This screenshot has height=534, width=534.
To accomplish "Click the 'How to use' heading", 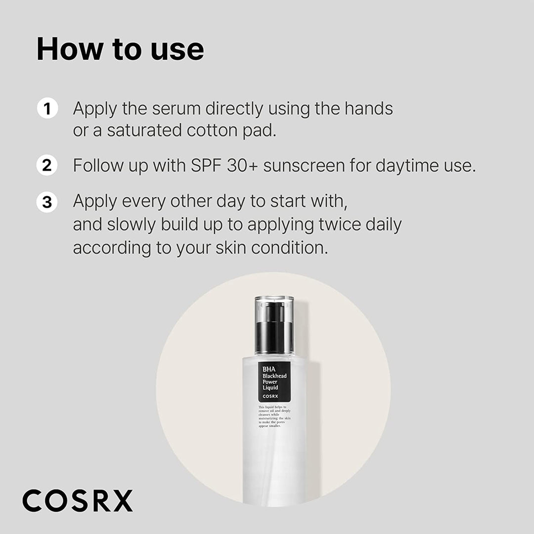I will tap(120, 49).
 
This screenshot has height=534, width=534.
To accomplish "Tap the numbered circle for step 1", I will tap(47, 108).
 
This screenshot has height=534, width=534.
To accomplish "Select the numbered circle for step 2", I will tap(47, 165).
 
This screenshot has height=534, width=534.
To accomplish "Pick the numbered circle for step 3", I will tap(47, 202).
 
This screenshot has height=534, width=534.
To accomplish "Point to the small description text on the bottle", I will tap(274, 416).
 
